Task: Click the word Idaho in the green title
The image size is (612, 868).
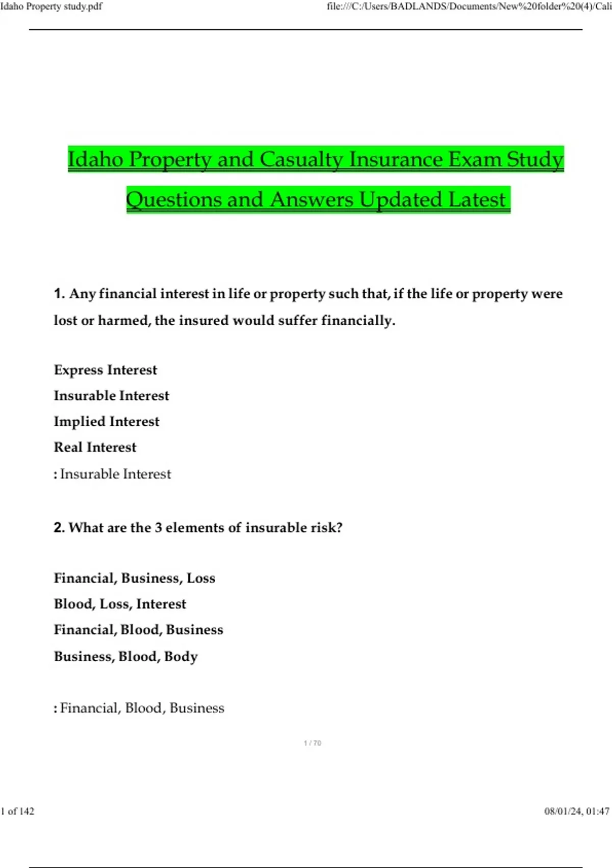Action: pos(95,159)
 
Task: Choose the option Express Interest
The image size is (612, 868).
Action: pos(106,370)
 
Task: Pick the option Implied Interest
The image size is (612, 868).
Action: pos(107,421)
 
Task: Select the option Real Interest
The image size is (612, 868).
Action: pos(95,447)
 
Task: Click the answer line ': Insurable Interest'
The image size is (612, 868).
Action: pos(113,474)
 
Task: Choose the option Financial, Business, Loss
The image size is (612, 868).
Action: pos(135,578)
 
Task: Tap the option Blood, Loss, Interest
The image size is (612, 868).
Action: pos(120,604)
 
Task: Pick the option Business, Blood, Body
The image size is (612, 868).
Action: pos(126,656)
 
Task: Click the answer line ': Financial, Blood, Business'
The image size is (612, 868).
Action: pos(139,708)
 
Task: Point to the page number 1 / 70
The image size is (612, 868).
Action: pos(312,743)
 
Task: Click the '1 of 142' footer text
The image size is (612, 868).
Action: pos(18,811)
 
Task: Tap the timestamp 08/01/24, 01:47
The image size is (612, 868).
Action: pos(577,811)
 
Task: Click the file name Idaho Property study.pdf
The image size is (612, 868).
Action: pos(52,7)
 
